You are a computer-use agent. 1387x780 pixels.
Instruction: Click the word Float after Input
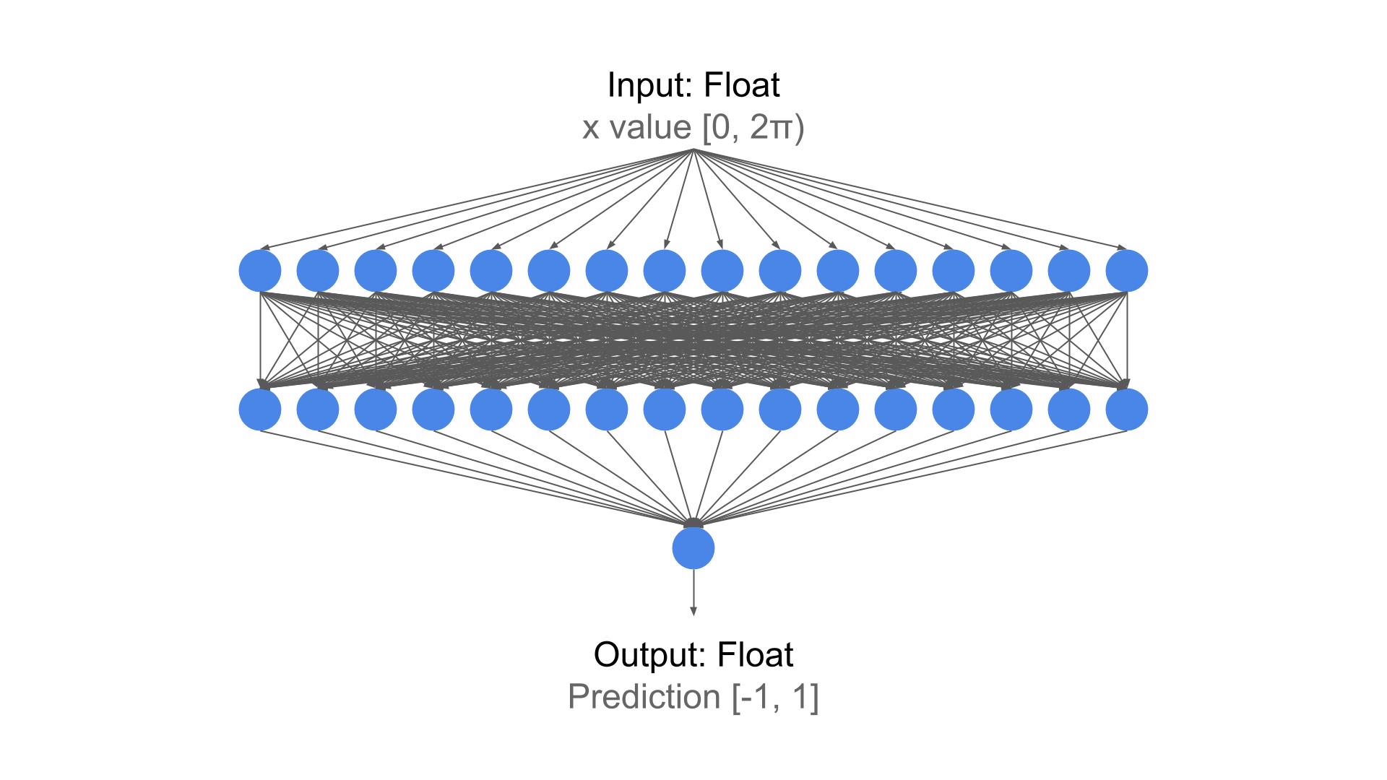click(x=742, y=85)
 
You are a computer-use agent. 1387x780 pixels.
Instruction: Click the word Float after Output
click(x=755, y=655)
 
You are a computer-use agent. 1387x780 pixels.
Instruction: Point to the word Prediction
click(x=644, y=697)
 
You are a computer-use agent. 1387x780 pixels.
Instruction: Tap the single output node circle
click(x=693, y=548)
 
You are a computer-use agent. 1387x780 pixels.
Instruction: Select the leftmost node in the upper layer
click(x=260, y=271)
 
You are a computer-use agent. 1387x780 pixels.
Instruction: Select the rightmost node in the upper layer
click(x=1127, y=271)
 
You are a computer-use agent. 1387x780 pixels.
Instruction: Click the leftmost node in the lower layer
click(x=260, y=409)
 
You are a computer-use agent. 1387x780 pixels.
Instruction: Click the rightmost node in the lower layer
click(x=1127, y=409)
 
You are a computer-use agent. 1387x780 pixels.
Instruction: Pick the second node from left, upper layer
click(x=318, y=271)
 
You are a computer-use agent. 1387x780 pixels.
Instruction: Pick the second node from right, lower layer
click(x=1069, y=409)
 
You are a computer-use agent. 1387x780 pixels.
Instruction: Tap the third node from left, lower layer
click(x=376, y=409)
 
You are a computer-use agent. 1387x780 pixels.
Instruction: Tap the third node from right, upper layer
click(x=1011, y=271)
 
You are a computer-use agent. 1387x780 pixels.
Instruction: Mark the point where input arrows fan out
click(x=693, y=149)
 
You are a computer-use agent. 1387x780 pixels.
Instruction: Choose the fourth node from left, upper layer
click(x=433, y=271)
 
